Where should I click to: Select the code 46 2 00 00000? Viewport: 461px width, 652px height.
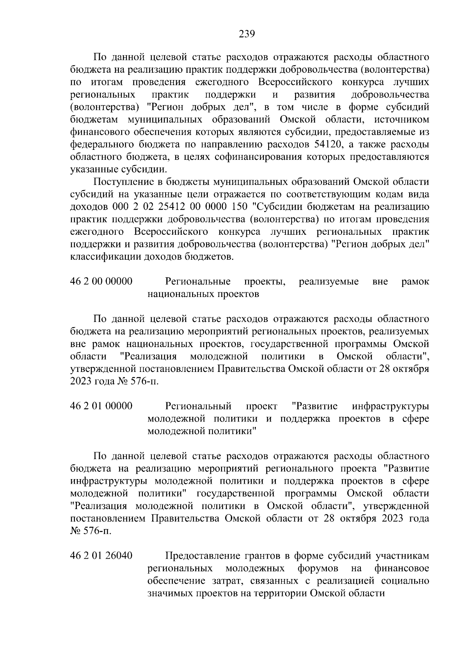click(101, 282)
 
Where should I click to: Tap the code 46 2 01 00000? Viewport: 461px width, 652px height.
click(101, 406)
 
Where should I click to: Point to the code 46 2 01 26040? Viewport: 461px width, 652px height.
click(101, 556)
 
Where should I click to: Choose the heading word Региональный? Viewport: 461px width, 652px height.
click(198, 406)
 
